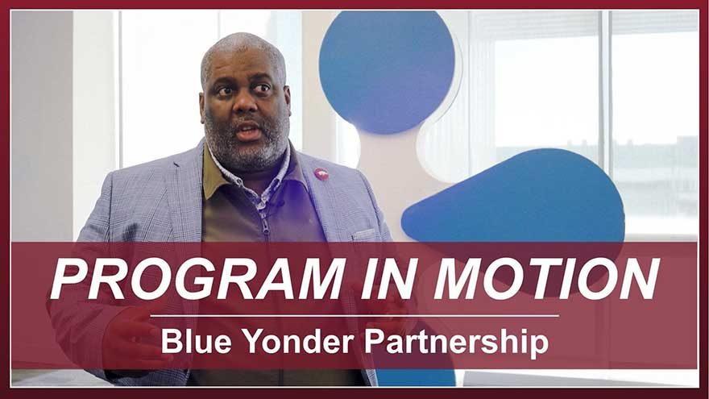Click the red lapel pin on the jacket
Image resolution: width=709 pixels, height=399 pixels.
321,174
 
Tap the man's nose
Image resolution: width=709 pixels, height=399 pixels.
244,105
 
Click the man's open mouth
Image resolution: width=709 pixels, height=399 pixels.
248,131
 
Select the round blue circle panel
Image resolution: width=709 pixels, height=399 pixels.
387,72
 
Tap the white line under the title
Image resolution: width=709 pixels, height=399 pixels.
354,316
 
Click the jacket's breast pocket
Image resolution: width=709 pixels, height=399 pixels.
364,235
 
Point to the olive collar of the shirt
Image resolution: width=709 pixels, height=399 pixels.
212,174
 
